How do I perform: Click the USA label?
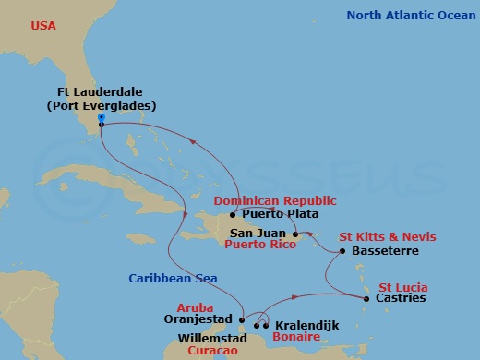[43, 26]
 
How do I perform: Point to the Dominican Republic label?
[274, 200]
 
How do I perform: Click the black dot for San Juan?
[295, 234]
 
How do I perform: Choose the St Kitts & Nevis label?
[381, 237]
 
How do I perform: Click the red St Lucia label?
[403, 286]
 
